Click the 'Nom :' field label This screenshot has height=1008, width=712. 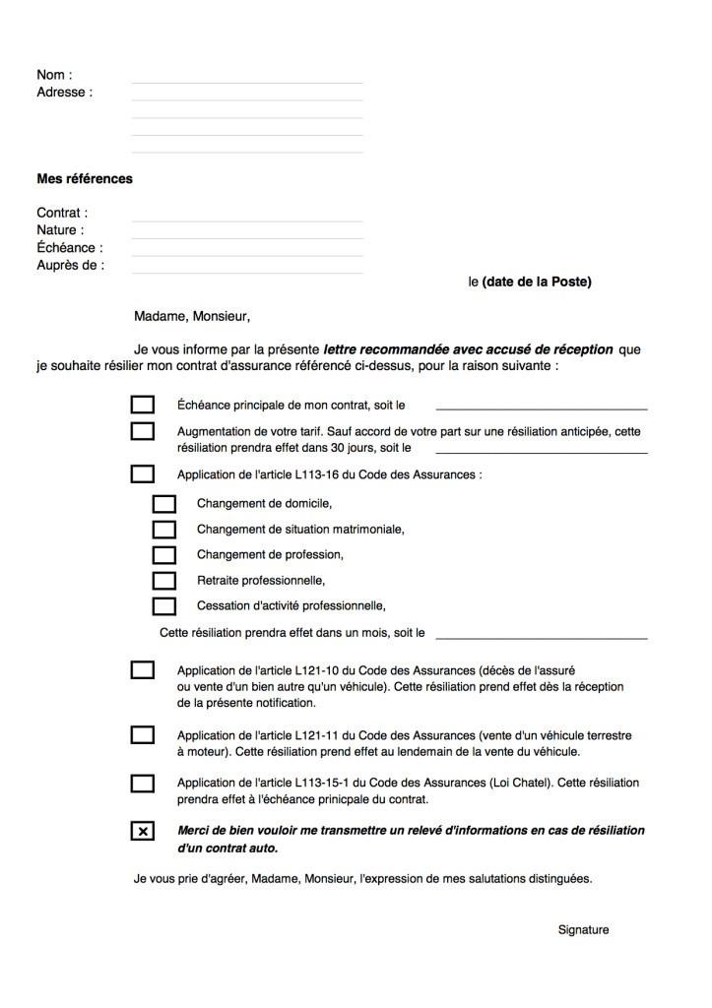(54, 75)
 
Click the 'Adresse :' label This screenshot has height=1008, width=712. (64, 93)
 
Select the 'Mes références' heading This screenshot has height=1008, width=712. (85, 179)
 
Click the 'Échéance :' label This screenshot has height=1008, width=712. (69, 248)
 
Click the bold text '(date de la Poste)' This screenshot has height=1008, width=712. (537, 282)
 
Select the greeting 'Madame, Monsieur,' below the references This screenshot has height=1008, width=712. (193, 317)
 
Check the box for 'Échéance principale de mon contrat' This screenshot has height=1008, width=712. (143, 405)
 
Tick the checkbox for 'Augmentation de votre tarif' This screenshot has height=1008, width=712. (143, 431)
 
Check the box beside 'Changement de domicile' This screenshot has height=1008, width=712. (163, 504)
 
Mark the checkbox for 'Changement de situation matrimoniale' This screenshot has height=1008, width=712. (163, 530)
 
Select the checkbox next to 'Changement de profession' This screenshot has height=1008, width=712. (163, 555)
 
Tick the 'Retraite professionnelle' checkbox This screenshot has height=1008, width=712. (163, 581)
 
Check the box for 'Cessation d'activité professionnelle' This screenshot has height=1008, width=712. (163, 606)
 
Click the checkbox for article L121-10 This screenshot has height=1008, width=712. (143, 670)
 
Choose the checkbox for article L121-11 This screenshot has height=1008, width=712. (143, 734)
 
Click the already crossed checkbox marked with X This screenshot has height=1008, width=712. (143, 832)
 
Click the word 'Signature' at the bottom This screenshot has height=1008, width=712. (583, 930)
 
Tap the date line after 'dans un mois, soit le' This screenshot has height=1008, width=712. (542, 637)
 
